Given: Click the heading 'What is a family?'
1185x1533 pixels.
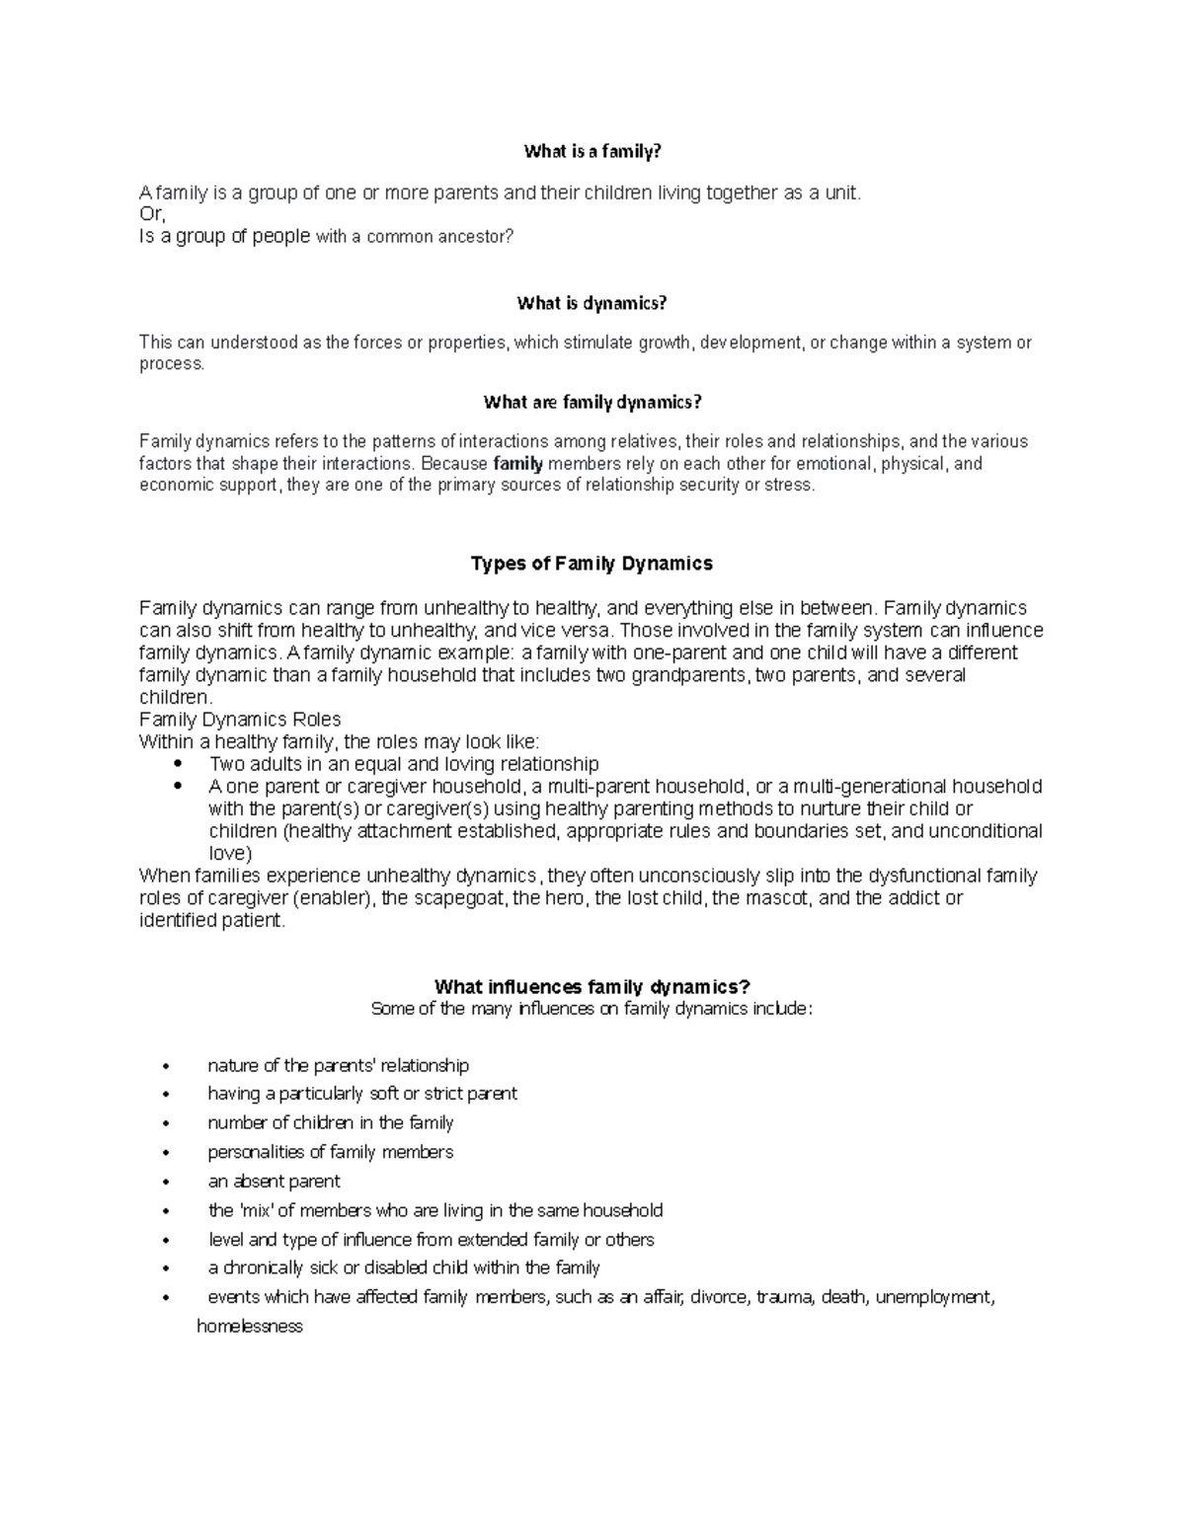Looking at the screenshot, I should point(592,151).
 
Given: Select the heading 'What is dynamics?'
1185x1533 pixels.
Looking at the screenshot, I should point(592,303).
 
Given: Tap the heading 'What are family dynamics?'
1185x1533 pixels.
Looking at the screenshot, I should point(592,402).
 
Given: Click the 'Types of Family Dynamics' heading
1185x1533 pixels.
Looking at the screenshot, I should point(592,564).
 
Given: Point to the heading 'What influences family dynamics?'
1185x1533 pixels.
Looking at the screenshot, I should point(592,987).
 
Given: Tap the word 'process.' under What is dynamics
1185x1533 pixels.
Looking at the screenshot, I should point(172,364).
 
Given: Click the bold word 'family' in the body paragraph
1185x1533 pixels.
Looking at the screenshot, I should point(518,463).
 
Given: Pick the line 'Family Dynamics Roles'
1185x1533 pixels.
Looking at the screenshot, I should point(240,720).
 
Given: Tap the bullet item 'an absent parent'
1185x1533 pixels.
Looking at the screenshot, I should point(274,1182).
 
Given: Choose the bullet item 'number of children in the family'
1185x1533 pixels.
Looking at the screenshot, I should point(330,1123).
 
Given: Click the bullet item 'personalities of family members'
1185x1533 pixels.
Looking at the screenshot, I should point(330,1152).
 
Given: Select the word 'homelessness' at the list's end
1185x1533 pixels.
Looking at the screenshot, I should point(250,1327).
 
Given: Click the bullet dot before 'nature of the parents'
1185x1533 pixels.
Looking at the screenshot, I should point(167,1066).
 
